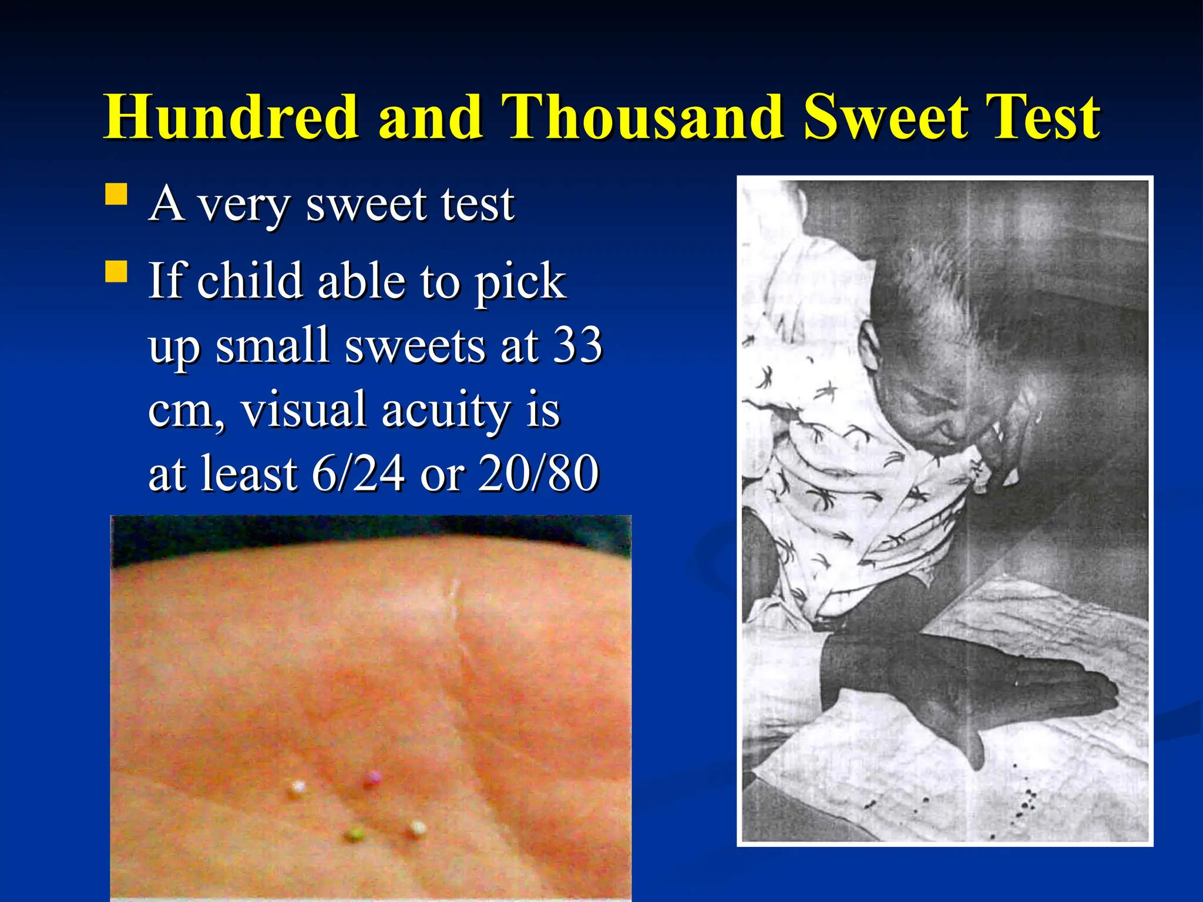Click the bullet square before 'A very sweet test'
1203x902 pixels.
(117, 194)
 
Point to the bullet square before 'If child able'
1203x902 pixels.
(117, 272)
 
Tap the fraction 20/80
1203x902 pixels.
(539, 473)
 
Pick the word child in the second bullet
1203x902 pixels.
(249, 281)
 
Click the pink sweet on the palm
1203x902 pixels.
(372, 779)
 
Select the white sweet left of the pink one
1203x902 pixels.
(298, 787)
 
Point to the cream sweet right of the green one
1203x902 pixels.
(418, 828)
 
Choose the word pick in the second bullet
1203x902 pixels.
(520, 281)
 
